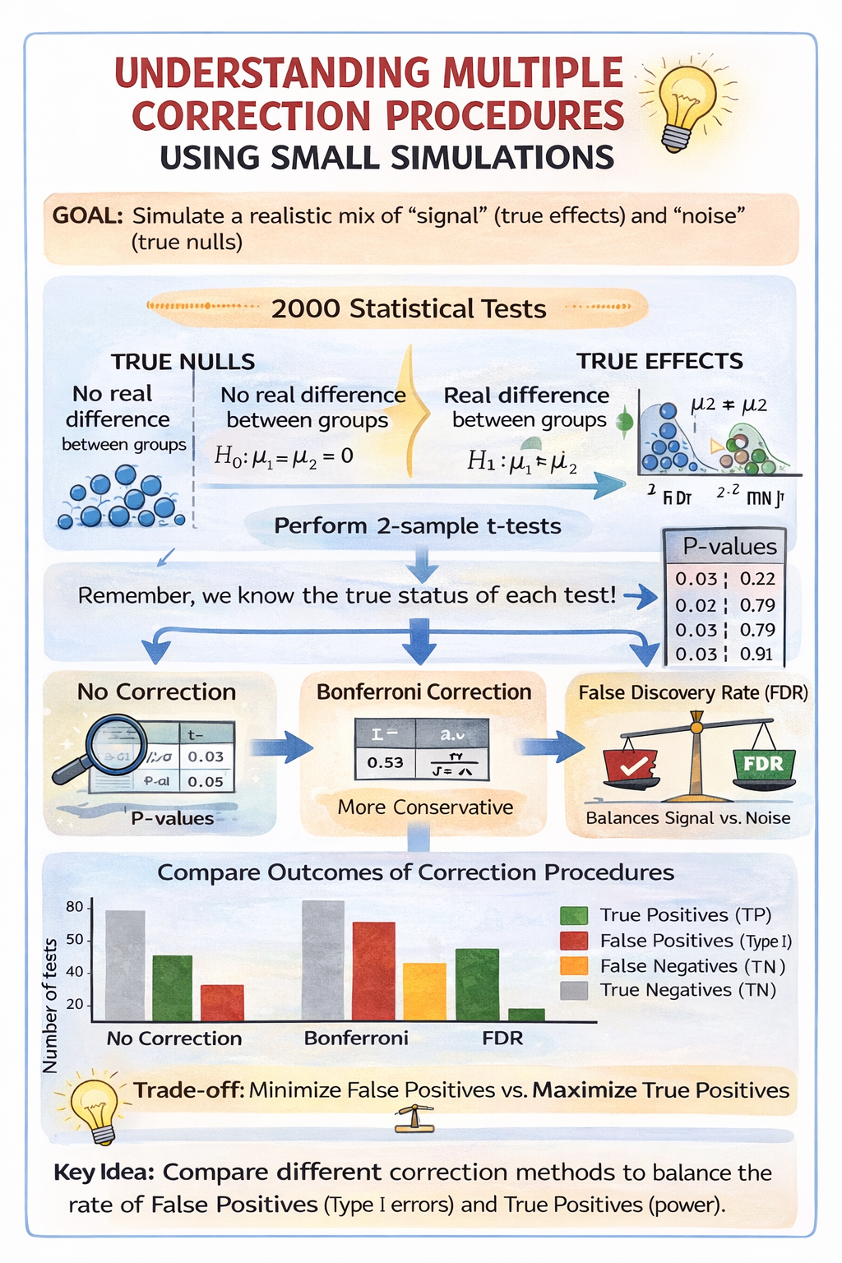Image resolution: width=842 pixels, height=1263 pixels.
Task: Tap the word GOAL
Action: (x=87, y=216)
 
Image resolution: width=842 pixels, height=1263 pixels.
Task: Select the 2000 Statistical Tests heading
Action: (x=409, y=309)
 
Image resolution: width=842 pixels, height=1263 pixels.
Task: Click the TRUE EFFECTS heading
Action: (x=659, y=361)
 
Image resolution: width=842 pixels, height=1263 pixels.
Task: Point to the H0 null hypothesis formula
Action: (x=284, y=456)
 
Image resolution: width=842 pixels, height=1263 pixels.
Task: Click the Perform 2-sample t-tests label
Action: (x=418, y=526)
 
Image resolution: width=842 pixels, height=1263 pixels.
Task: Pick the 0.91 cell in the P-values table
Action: (x=756, y=655)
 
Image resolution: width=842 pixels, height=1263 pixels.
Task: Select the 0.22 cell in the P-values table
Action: (x=757, y=579)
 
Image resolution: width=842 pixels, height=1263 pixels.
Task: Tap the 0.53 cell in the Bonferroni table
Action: (x=385, y=763)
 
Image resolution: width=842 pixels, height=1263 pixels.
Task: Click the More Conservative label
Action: (x=425, y=807)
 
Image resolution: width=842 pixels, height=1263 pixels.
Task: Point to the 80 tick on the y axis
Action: (x=75, y=907)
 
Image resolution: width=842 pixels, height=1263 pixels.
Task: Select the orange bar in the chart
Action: (x=424, y=991)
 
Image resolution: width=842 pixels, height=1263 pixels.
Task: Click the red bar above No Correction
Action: (x=222, y=1002)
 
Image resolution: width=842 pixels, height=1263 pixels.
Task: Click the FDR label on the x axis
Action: (x=502, y=1039)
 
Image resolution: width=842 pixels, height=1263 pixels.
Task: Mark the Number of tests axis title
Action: (x=50, y=1005)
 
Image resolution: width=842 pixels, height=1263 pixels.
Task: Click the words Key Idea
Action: (x=104, y=1173)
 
